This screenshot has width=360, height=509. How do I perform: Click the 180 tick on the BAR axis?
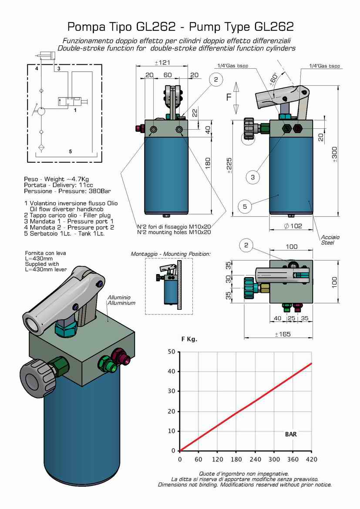coord(236,459)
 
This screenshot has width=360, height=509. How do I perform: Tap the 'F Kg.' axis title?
coord(189,339)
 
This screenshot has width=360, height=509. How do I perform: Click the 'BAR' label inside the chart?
coord(291,434)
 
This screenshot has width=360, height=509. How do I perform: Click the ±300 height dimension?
coord(334,154)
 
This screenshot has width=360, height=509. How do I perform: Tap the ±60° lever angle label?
coord(273,79)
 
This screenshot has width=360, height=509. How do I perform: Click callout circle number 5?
coord(245,207)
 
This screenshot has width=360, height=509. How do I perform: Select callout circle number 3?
coord(253,177)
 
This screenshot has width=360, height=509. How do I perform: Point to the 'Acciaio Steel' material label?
coord(330,240)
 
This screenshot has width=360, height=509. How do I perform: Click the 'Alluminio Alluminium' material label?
coord(121,300)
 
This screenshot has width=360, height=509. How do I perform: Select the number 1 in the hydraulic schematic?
coord(75,111)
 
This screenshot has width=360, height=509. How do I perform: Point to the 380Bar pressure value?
coord(98,191)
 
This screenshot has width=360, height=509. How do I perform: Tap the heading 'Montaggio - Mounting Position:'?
coord(171,254)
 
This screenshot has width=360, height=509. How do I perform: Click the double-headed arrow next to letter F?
coord(236,97)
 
